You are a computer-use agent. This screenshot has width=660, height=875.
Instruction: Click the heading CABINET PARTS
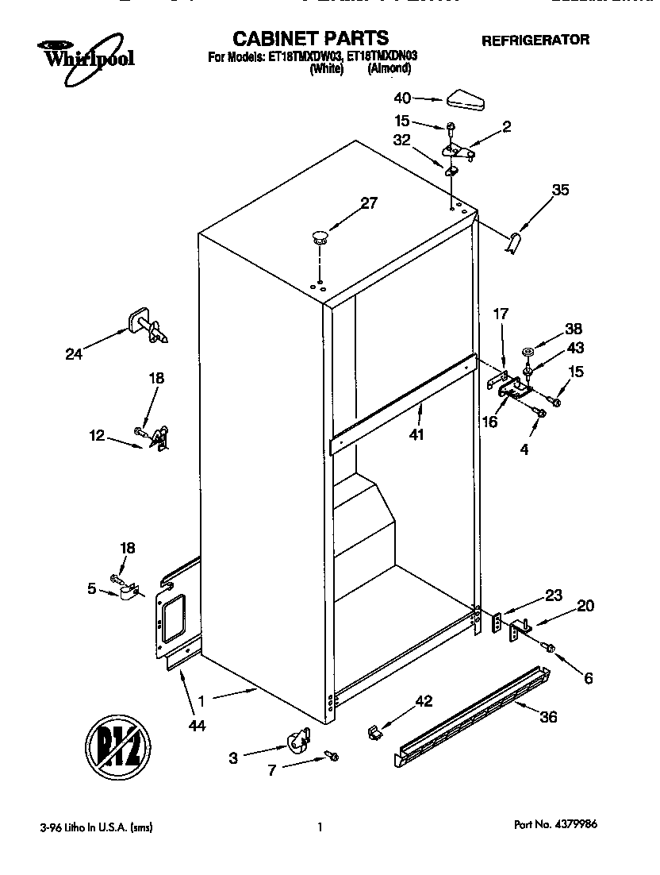pos(310,37)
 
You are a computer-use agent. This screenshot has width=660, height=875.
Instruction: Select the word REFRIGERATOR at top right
pos(535,40)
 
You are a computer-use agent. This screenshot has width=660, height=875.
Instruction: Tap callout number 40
pos(402,98)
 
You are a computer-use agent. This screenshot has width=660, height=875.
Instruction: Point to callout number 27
pos(369,203)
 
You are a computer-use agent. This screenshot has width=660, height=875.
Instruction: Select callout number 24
pos(74,354)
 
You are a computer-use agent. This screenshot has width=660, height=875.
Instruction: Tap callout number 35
pos(561,191)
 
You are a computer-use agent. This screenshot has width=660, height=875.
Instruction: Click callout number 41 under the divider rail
pos(417,434)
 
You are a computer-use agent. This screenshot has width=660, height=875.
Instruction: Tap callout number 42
pos(424,701)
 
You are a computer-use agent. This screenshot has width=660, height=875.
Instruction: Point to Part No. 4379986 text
pos(555,826)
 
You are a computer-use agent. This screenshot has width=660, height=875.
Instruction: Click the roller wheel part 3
pos(297,742)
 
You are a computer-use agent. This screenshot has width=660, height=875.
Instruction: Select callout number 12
pos(96,435)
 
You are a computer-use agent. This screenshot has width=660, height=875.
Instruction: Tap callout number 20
pos(585,606)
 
